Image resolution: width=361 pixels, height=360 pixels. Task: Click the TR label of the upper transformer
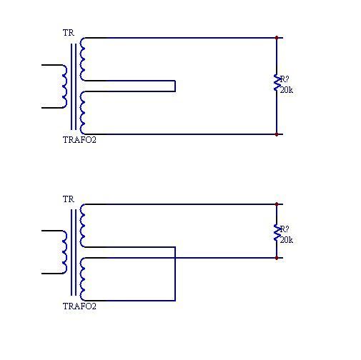click(x=69, y=33)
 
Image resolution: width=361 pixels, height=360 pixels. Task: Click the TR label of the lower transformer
click(x=69, y=199)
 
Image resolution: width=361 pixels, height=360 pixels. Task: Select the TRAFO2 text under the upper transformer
click(x=79, y=140)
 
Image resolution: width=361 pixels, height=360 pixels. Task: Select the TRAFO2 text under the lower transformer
click(x=79, y=306)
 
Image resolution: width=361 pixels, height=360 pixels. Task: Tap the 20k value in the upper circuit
click(x=287, y=90)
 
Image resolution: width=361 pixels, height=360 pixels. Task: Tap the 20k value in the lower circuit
click(x=287, y=240)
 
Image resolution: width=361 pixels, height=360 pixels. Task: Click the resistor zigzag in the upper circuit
click(x=277, y=83)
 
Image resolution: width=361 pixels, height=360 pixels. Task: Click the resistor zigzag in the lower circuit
click(x=277, y=232)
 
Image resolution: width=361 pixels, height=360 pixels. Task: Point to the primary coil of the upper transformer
click(x=64, y=86)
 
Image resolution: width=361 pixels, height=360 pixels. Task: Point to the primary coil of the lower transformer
click(x=64, y=252)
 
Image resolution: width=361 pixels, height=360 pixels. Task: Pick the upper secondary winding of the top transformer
click(x=82, y=59)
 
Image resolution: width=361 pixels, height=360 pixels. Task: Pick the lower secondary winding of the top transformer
click(x=82, y=113)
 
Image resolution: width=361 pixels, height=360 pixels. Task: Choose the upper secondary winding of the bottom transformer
click(x=82, y=226)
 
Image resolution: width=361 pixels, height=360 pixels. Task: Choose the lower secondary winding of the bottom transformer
click(x=82, y=279)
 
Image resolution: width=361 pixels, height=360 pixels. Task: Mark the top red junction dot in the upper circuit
click(x=277, y=38)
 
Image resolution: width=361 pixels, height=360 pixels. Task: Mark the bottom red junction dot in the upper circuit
click(x=277, y=134)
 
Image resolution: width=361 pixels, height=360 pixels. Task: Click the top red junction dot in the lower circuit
click(x=277, y=204)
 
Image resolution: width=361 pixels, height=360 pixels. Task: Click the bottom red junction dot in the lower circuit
click(x=277, y=258)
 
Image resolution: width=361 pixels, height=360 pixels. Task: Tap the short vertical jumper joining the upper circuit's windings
click(x=175, y=86)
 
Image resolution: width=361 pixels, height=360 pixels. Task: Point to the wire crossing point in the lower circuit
click(x=175, y=258)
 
